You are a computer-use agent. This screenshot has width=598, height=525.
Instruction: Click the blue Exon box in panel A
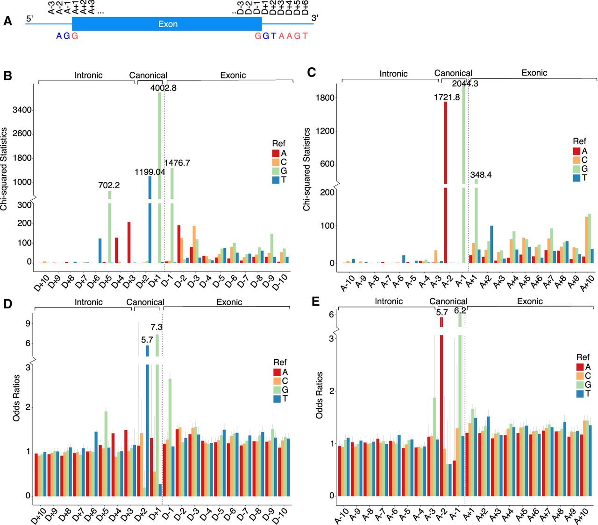tap(167, 24)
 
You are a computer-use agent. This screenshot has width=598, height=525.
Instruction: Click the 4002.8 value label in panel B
tap(163, 88)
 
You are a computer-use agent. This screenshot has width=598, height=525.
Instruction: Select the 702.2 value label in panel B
tap(109, 185)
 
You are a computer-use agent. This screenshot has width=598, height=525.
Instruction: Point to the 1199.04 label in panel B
tap(149, 172)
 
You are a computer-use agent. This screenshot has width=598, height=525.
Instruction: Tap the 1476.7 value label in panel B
tap(177, 163)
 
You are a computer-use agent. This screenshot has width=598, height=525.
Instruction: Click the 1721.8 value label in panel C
tap(447, 97)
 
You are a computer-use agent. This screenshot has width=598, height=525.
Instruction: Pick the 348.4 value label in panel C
tap(481, 175)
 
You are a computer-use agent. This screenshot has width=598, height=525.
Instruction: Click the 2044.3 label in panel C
tap(465, 84)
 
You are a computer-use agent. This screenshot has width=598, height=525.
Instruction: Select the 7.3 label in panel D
tap(157, 327)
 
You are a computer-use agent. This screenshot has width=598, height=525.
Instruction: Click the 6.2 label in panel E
tap(460, 311)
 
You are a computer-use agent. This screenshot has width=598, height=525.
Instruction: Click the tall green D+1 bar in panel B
tap(159, 177)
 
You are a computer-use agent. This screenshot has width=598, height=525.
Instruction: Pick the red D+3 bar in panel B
tap(129, 243)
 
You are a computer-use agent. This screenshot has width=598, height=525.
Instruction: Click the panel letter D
tap(7, 304)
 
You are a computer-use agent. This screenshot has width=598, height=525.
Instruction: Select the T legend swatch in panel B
tap(276, 180)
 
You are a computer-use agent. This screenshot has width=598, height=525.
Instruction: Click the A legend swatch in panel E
tap(580, 367)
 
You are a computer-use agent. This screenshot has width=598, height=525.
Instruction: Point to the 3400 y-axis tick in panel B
tap(22, 110)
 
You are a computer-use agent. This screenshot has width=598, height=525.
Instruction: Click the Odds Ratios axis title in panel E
tap(319, 395)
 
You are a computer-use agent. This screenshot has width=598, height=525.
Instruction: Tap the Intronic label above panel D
tap(88, 302)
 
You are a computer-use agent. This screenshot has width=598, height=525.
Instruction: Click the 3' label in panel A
tap(315, 18)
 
